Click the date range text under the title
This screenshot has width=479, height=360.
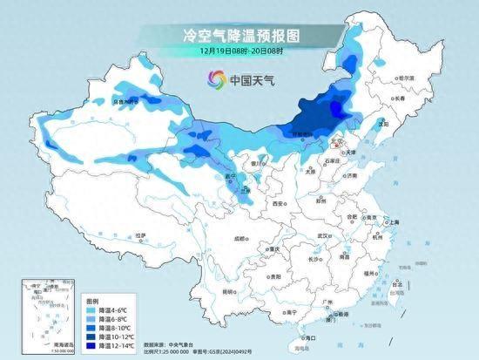(239, 51)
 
